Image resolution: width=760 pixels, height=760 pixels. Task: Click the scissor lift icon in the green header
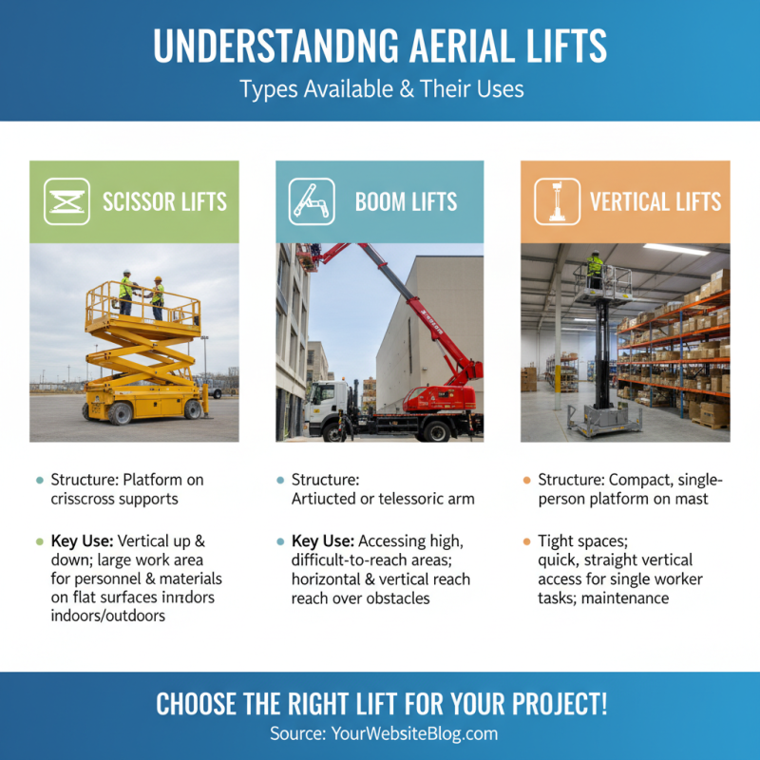[66, 201]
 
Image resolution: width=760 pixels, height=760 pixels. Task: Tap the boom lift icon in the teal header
[312, 201]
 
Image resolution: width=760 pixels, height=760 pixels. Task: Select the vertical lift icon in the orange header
[557, 201]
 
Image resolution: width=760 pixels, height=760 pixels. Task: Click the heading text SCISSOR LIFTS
[164, 202]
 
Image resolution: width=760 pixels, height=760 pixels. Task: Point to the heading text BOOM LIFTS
[406, 202]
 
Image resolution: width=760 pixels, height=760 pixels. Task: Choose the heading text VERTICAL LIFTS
[655, 202]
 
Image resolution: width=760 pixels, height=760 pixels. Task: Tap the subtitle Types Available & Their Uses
[380, 89]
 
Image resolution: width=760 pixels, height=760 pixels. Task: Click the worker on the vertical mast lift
[595, 270]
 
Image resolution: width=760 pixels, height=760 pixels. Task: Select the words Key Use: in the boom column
[324, 541]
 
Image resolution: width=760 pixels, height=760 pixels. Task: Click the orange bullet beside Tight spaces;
[526, 541]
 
